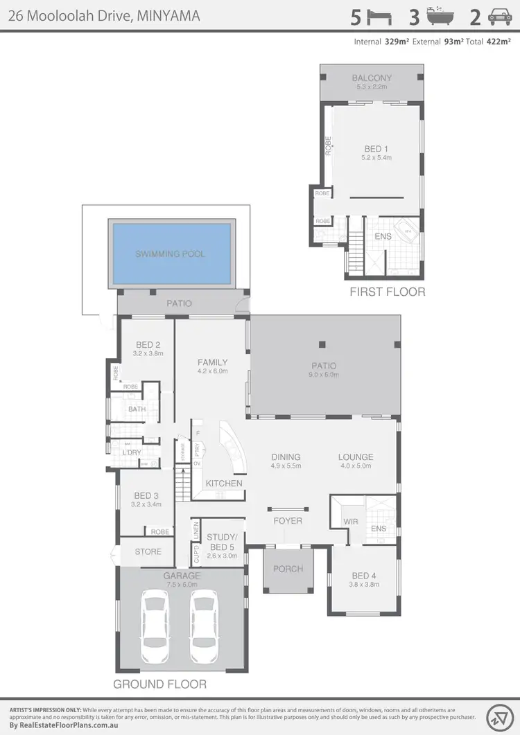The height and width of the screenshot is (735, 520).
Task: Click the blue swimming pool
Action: [x=171, y=254]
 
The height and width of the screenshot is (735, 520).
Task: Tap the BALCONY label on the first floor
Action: [x=372, y=78]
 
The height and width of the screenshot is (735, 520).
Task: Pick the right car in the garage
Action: [x=205, y=626]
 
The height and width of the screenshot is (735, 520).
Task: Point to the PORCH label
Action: [x=288, y=569]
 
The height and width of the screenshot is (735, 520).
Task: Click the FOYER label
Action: [x=288, y=520]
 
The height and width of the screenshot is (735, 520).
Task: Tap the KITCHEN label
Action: [x=224, y=484]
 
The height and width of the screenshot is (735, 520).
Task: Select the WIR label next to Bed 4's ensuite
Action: [x=351, y=522]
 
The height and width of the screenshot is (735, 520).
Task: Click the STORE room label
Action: [x=148, y=552]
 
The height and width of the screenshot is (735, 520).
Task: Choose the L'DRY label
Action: [x=132, y=452]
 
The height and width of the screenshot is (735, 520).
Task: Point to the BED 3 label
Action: [x=146, y=495]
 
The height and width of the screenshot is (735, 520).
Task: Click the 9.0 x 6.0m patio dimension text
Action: [x=324, y=375]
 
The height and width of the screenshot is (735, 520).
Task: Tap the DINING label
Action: [x=286, y=457]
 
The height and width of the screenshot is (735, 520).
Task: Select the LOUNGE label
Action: [x=356, y=457]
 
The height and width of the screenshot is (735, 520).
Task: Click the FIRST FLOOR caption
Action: [x=388, y=292]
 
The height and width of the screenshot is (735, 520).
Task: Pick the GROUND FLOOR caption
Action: [x=160, y=684]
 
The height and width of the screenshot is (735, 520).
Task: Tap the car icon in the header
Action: [x=499, y=17]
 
